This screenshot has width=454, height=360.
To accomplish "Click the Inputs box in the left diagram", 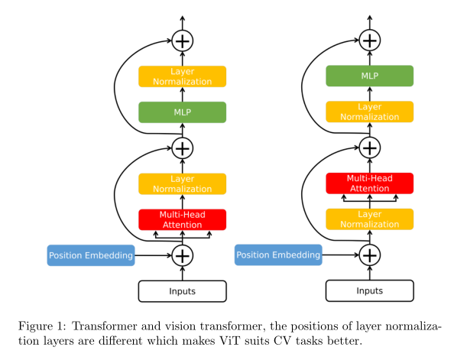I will pyautogui.click(x=182, y=291).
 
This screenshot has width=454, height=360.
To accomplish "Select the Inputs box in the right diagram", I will pyautogui.click(x=369, y=291).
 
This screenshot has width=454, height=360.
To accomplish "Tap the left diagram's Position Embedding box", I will pyautogui.click(x=91, y=255).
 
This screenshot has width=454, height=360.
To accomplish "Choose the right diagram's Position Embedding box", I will pyautogui.click(x=278, y=255).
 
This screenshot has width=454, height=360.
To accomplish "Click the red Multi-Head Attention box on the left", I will pyautogui.click(x=182, y=219).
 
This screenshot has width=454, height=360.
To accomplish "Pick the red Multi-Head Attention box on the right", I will pyautogui.click(x=369, y=183).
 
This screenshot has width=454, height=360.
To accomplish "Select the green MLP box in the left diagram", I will pyautogui.click(x=182, y=112).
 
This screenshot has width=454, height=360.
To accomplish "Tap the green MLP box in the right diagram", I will pyautogui.click(x=369, y=76).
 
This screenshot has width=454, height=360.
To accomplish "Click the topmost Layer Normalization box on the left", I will pyautogui.click(x=182, y=76).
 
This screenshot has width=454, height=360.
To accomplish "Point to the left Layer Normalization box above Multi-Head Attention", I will pyautogui.click(x=182, y=183).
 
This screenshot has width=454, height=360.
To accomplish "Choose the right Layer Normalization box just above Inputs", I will pyautogui.click(x=369, y=219).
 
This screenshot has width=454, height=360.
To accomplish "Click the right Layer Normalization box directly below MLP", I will pyautogui.click(x=369, y=112).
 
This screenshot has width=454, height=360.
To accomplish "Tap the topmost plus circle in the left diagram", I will pyautogui.click(x=182, y=40).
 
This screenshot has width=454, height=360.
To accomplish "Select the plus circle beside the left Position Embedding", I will pyautogui.click(x=182, y=255).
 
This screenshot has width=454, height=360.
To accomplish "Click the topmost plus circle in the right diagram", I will pyautogui.click(x=369, y=40).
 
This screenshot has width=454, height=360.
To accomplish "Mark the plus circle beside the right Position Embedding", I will pyautogui.click(x=369, y=255).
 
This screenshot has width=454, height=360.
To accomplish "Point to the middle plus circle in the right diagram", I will pyautogui.click(x=369, y=147).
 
